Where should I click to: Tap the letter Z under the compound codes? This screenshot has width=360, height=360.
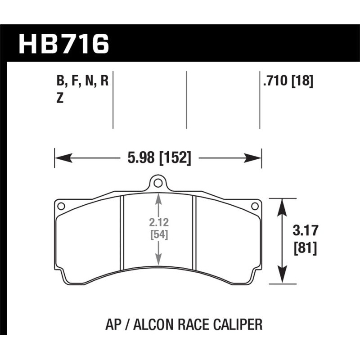pos(59,100)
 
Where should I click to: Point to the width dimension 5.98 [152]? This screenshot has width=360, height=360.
pos(157,158)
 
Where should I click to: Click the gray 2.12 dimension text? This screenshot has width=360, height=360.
pos(158,221)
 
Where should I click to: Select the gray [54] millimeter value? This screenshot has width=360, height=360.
pos(158,234)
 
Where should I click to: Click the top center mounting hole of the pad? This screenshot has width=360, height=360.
pos(157,183)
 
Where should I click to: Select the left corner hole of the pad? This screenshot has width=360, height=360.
pos(61,206)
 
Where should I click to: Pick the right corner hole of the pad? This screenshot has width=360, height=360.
pos(254,206)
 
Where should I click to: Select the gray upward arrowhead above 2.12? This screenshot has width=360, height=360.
pos(158,198)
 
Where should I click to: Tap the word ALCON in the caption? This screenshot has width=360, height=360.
pos(149,324)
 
